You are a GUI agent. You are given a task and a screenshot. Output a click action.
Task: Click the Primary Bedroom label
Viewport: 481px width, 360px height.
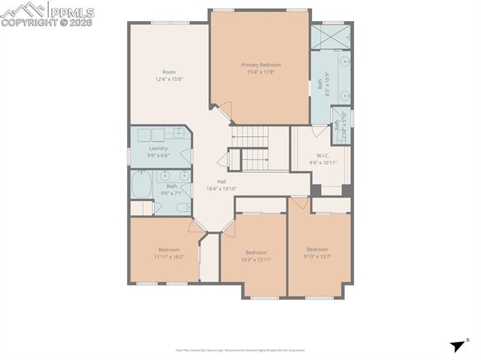[260, 65]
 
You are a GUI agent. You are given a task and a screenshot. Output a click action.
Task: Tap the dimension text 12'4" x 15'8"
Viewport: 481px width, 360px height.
[169, 79]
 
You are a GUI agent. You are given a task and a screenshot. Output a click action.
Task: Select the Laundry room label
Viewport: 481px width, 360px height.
[158, 148]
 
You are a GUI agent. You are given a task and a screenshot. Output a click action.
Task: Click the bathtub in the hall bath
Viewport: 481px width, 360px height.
[141, 185]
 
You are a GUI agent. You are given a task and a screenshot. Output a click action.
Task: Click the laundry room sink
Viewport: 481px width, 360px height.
[179, 133]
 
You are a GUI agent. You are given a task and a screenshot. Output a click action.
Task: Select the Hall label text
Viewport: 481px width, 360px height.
[222, 182]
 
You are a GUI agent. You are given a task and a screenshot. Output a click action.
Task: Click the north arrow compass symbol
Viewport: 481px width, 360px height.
[458, 346]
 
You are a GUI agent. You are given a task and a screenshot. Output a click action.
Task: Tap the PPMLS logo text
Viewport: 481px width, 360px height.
[71, 12]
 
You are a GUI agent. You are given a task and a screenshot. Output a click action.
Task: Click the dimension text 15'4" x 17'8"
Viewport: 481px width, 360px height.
[260, 72]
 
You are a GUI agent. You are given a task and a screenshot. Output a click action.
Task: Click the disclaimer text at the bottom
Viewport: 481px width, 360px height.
[240, 350]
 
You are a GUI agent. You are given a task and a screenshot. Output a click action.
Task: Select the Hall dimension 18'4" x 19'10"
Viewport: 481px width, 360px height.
[222, 189]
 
